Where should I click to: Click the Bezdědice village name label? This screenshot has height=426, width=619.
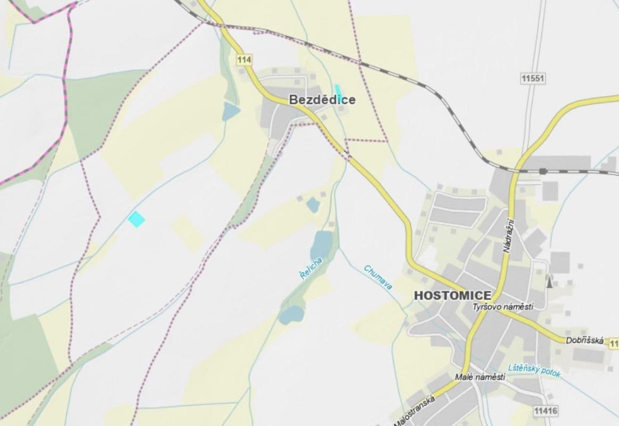(x=322, y=100)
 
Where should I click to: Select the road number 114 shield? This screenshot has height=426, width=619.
(x=244, y=60)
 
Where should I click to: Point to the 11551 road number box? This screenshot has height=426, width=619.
(x=533, y=78)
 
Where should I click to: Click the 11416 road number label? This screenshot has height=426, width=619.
(x=544, y=411)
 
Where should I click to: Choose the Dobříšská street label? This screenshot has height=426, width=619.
(x=584, y=340)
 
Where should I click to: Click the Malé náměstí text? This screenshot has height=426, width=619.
(x=480, y=377)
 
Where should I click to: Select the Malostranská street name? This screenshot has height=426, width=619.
(x=415, y=411)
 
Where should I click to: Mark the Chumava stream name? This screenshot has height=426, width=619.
(x=379, y=277)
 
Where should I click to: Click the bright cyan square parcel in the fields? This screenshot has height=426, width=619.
(x=137, y=218)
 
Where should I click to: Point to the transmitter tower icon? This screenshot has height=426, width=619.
(x=549, y=281)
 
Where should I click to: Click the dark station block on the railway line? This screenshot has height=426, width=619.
(x=542, y=171)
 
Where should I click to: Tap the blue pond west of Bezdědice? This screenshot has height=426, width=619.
(x=231, y=111)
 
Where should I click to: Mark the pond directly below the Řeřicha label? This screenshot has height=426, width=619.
(x=290, y=314)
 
